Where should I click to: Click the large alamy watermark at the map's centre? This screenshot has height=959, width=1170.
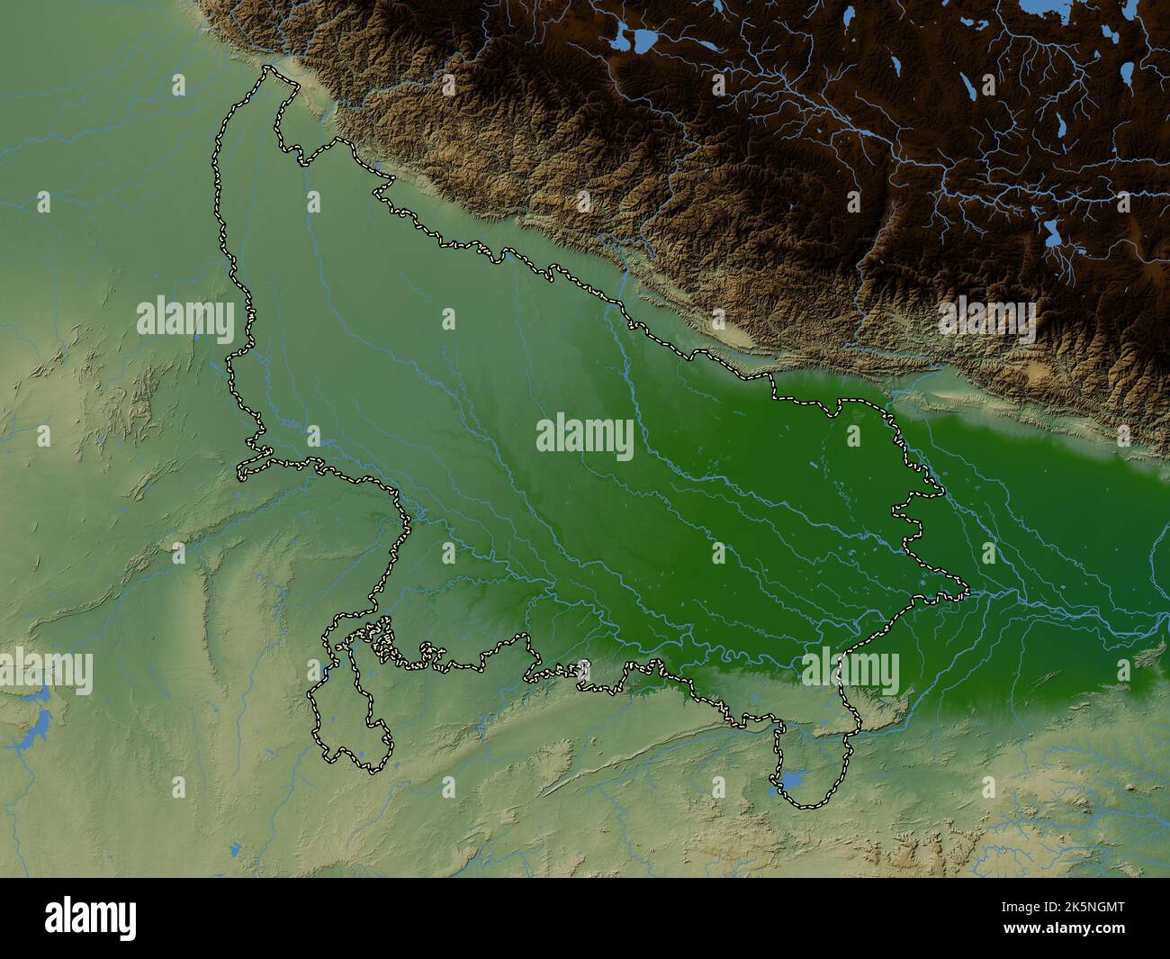[584, 436]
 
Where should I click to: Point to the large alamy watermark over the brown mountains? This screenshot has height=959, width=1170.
[986, 319]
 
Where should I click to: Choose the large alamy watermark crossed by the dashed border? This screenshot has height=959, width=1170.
[850, 672]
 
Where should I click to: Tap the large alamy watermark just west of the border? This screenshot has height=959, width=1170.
[185, 319]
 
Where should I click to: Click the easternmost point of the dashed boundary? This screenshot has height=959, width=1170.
[967, 592]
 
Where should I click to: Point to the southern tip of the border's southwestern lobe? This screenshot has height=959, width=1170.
[369, 770]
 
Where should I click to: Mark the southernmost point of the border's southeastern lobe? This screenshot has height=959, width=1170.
[805, 805]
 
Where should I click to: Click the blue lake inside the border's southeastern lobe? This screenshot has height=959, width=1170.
[792, 780]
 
